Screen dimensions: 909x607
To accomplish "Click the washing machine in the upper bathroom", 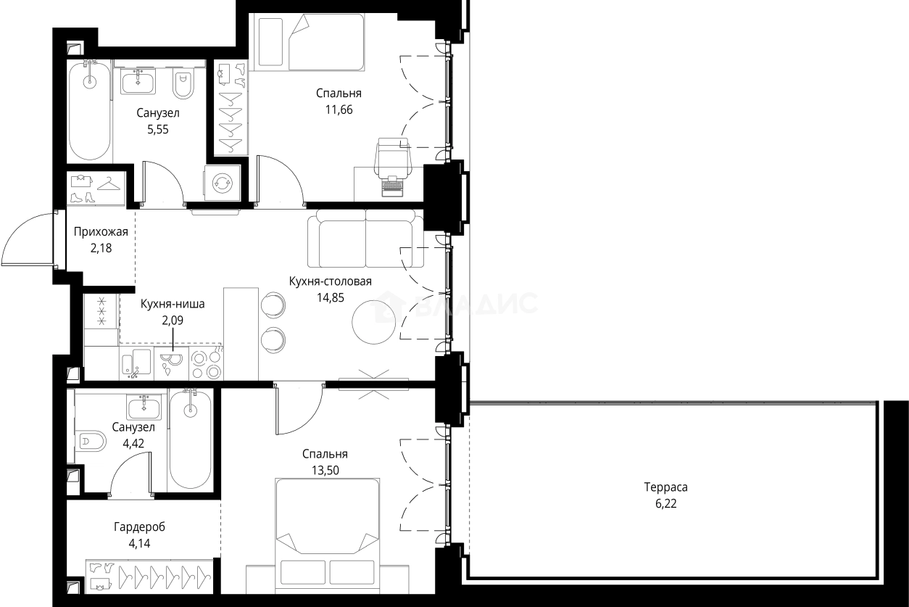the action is pos(223,183).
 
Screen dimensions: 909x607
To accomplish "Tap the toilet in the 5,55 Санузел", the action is pos(183,83).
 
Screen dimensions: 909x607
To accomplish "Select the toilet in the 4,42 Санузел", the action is pos(91,442).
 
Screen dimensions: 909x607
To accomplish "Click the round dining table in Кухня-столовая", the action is pos(374,322).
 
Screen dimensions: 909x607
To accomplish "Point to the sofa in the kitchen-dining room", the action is pos(365,239).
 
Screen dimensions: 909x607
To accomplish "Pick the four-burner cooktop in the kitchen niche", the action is pos(207,363).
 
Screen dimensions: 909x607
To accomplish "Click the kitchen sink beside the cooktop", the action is pos(137,363).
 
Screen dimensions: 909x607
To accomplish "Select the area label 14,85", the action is pos(331,297).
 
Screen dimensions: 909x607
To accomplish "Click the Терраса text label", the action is pos(666,487).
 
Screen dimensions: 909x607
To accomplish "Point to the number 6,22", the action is pos(666,503).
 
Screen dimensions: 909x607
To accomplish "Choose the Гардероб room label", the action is pos(139,527).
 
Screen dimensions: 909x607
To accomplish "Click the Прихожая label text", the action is pos(101,232).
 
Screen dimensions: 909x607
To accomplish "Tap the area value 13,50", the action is pos(325,470).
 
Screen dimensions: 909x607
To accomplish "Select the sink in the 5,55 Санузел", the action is pos(138,81).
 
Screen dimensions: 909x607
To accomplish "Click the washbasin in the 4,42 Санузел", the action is pos(144,407).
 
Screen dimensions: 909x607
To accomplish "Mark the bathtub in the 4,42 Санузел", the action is pos(191,439).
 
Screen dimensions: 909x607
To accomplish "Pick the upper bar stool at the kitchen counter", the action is pos(273,304).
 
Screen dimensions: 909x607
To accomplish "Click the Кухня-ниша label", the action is pos(173,304).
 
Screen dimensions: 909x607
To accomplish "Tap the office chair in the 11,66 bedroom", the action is pos(393,157).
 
